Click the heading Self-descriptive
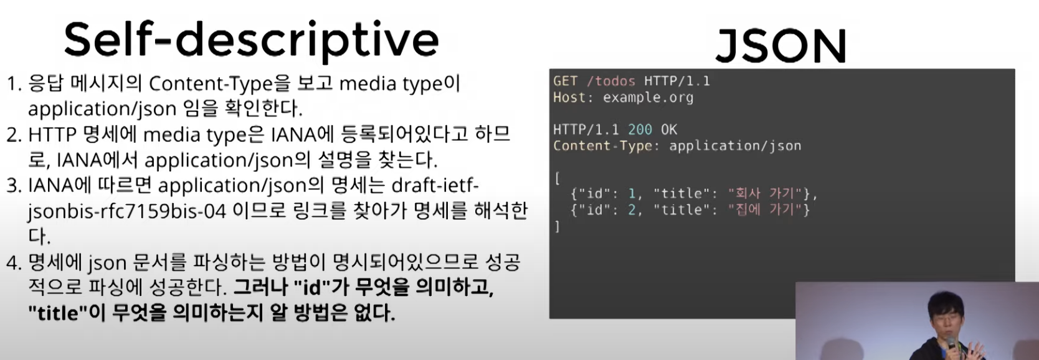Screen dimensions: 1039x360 (252, 41)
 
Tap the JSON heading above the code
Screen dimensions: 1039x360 (781, 45)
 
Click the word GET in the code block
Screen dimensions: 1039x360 (566, 81)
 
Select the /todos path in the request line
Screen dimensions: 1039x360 (611, 81)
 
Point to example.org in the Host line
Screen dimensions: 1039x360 (648, 97)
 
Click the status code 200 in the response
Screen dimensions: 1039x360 (640, 130)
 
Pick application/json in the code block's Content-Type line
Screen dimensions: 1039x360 (735, 146)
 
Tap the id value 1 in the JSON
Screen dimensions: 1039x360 (632, 193)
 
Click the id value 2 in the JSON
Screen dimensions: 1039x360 (632, 210)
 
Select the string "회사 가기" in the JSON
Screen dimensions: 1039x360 (765, 193)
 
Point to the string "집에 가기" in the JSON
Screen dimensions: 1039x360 (765, 210)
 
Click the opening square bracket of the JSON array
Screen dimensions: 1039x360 (557, 178)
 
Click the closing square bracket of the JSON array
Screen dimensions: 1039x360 (557, 226)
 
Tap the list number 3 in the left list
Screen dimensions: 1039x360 (12, 186)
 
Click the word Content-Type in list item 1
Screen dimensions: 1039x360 (210, 84)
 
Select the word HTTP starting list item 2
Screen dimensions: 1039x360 (52, 135)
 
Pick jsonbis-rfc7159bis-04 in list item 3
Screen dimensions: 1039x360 (126, 212)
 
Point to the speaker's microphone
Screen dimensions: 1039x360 (951, 343)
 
